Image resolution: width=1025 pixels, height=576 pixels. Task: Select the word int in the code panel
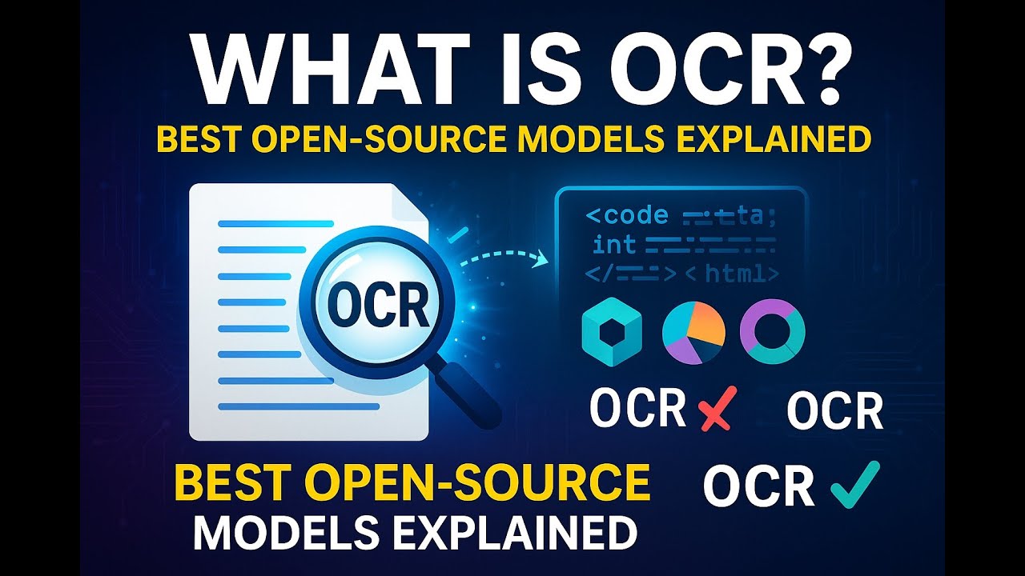(614, 244)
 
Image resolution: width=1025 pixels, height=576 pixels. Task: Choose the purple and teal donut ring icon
(772, 330)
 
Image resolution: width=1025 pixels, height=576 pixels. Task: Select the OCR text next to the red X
(637, 409)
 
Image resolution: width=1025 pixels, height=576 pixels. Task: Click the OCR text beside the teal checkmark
(758, 486)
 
